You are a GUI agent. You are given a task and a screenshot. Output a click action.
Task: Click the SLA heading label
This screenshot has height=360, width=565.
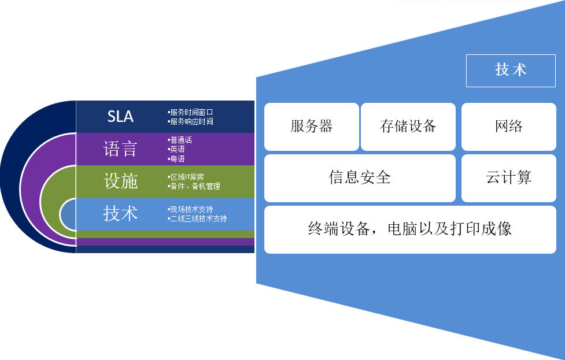click(x=120, y=116)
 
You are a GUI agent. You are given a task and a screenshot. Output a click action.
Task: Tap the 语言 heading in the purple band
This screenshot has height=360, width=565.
click(x=120, y=149)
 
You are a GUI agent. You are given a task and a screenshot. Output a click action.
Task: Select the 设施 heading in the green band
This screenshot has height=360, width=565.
click(x=120, y=181)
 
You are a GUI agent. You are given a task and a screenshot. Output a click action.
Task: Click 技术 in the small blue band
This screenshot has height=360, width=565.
click(x=120, y=213)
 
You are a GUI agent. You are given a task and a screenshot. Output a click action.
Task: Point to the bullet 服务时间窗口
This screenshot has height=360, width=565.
click(x=191, y=112)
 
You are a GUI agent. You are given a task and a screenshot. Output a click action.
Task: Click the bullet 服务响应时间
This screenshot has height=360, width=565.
click(x=191, y=122)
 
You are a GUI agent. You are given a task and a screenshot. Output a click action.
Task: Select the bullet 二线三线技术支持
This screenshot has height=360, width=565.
click(x=198, y=219)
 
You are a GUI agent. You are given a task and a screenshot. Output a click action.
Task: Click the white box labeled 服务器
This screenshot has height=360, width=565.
click(x=312, y=127)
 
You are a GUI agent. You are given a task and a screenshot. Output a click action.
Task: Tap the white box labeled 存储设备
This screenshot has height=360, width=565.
click(x=408, y=127)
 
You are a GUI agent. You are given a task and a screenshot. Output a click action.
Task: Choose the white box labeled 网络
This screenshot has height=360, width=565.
click(x=509, y=127)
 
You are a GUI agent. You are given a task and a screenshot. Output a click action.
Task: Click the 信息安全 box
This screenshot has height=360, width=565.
click(x=360, y=178)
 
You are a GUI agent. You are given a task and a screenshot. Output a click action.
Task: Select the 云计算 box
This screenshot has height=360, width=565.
click(x=509, y=178)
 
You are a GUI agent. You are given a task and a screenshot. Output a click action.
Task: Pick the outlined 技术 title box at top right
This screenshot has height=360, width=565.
click(x=511, y=70)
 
